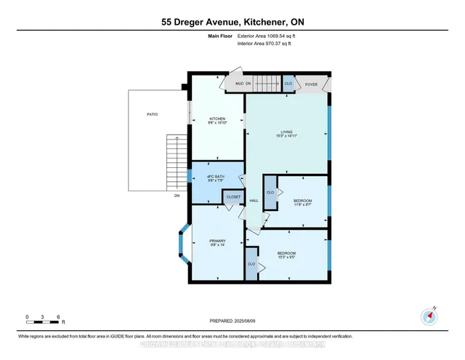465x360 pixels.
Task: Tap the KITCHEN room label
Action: point(218,119)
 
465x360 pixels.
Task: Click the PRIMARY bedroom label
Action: point(218,241)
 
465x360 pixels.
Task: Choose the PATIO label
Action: point(151,114)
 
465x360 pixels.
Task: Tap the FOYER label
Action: point(311,84)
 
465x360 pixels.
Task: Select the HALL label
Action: point(254,201)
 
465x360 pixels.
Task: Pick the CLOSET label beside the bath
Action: point(233,196)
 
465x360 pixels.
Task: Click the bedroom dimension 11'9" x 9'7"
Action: point(302,206)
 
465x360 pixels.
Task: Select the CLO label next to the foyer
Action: point(288,84)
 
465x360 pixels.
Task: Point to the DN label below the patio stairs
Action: point(177,196)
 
